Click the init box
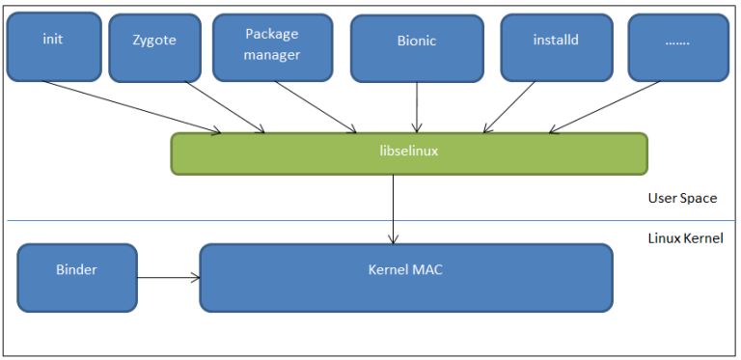[x=53, y=46]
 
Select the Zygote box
[x=154, y=46]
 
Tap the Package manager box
[x=271, y=46]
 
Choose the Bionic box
[x=416, y=46]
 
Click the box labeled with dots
[x=678, y=46]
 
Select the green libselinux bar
[x=409, y=153]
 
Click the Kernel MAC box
[x=405, y=277]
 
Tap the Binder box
[x=77, y=277]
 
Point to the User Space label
[x=682, y=198]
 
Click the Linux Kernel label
[x=685, y=237]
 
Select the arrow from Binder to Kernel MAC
[x=168, y=278]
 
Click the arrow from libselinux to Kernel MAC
[x=394, y=208]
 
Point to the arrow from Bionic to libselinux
[x=417, y=106]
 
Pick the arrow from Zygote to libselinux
[x=224, y=106]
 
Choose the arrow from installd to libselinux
[x=509, y=106]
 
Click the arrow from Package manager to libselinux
[x=316, y=106]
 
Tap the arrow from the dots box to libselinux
[x=603, y=106]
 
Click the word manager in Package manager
[x=271, y=55]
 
